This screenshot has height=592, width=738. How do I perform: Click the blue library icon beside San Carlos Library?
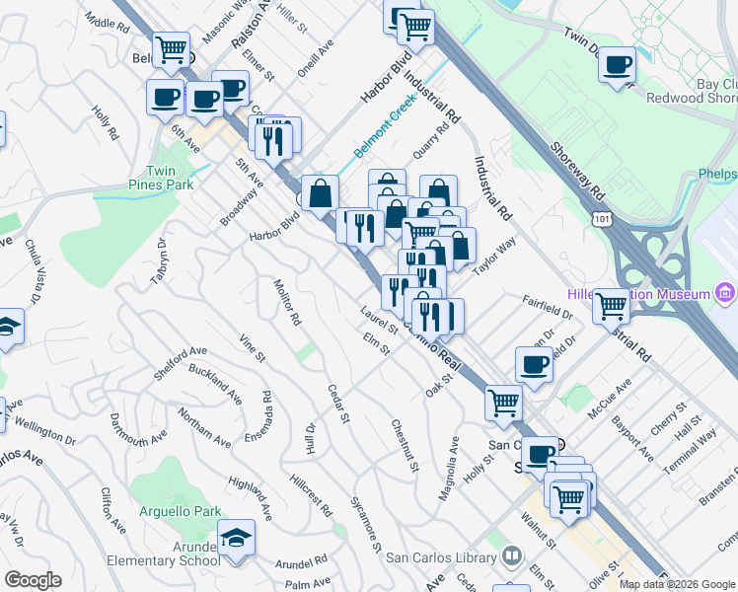click(511, 556)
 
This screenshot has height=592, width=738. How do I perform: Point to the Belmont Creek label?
click(387, 133)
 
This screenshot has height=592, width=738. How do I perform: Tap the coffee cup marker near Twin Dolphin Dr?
click(617, 65)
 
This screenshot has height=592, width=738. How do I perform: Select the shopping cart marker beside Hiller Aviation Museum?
click(611, 306)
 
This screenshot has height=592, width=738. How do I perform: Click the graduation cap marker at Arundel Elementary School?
click(236, 539)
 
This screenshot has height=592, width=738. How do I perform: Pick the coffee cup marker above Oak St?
click(534, 364)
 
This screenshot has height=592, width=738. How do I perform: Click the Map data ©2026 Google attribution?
click(677, 583)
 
